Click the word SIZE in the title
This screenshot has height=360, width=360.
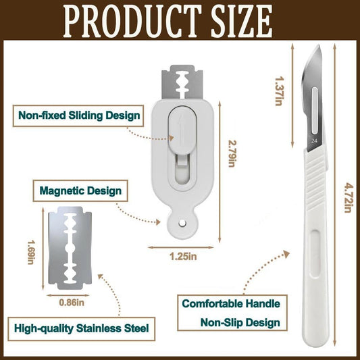point(242,21)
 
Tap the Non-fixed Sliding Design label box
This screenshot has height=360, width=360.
point(78,115)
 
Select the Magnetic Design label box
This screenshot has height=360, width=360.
point(80,190)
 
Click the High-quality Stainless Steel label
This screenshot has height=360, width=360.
point(82,328)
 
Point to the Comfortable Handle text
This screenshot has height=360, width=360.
point(231,304)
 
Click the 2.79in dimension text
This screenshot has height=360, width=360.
point(232,153)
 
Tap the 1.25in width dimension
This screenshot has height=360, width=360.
point(183,256)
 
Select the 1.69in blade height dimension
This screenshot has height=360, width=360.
point(31,252)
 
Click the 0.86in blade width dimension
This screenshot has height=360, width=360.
point(72,303)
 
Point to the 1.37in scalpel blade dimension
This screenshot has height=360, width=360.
point(279,91)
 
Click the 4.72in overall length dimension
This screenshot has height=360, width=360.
point(349,197)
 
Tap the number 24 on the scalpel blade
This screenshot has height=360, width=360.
point(314,140)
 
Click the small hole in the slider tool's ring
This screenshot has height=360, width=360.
point(182,222)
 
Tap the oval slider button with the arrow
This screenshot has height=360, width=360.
point(182,130)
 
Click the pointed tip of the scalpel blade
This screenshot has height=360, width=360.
point(319,45)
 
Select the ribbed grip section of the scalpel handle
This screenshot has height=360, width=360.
point(315,178)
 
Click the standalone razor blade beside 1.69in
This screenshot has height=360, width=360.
point(70,248)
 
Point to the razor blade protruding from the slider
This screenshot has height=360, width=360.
point(182,82)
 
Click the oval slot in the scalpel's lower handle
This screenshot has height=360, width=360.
point(315,253)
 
